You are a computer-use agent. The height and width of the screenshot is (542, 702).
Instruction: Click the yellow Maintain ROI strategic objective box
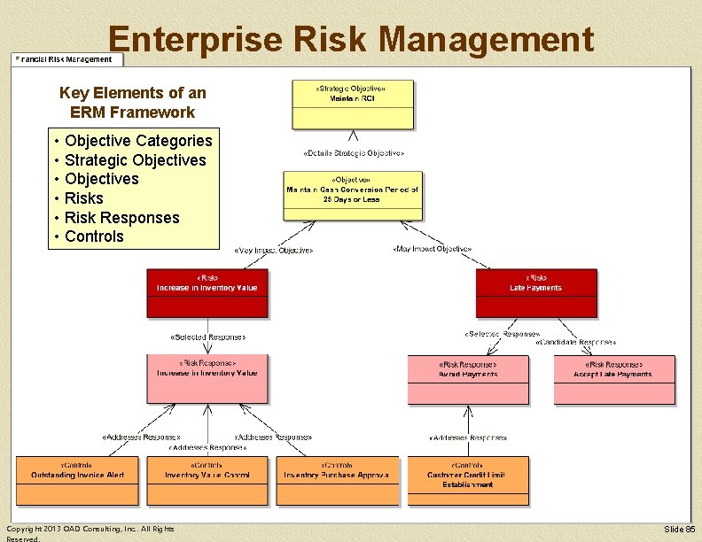[353, 105]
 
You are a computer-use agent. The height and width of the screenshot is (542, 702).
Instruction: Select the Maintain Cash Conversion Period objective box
[353, 196]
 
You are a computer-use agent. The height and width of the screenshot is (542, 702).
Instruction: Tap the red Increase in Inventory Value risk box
[207, 293]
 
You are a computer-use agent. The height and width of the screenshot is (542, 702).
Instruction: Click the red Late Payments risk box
[535, 293]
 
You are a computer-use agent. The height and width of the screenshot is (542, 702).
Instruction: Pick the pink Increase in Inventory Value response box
[207, 379]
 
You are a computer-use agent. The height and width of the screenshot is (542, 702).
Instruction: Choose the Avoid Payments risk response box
[468, 379]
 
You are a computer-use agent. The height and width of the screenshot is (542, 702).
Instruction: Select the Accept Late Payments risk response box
[614, 379]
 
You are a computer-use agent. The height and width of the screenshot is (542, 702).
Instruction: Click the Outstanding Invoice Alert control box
[77, 481]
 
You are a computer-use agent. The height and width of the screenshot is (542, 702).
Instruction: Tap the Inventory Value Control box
[207, 481]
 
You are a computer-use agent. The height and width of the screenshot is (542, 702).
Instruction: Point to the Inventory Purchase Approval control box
[337, 481]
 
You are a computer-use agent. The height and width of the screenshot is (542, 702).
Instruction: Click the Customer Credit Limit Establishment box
[468, 481]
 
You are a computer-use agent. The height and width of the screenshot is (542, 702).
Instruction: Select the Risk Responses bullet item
[121, 218]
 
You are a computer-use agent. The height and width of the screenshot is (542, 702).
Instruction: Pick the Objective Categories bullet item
[138, 141]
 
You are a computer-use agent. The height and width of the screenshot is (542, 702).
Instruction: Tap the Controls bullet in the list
[94, 236]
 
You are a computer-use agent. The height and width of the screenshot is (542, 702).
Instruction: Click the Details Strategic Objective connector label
[354, 153]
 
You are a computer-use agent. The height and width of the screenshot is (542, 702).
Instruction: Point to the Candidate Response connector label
[575, 342]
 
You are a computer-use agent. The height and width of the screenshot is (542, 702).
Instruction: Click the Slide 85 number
[679, 529]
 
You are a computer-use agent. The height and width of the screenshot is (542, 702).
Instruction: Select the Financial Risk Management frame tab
[64, 59]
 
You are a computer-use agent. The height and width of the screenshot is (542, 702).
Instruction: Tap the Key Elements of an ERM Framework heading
[132, 103]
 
